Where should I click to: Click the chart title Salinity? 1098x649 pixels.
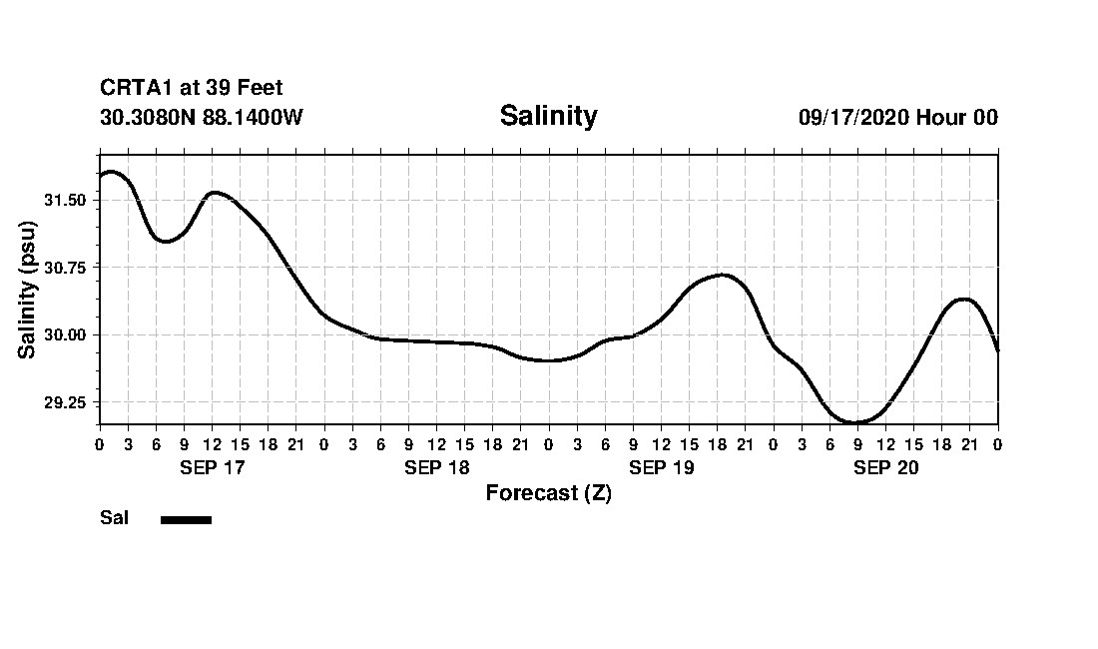(548, 116)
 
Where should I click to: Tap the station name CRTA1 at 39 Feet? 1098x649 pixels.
(192, 89)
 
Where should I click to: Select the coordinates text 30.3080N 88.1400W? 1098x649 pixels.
(202, 117)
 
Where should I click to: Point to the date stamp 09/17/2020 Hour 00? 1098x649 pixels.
(897, 117)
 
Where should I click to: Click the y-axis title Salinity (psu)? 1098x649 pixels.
(28, 290)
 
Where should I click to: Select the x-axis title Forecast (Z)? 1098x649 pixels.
(548, 493)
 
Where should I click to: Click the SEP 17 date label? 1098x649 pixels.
(212, 467)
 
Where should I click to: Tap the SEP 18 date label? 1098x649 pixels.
(436, 467)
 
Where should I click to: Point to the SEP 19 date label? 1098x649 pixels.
(661, 467)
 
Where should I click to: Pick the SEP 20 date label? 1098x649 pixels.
(885, 467)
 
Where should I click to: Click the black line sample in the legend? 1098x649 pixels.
(186, 519)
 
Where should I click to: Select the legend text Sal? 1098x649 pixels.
(114, 518)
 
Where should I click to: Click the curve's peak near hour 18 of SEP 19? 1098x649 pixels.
(722, 275)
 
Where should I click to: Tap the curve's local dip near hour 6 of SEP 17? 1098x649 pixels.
(165, 242)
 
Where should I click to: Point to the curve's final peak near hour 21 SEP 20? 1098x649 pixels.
(963, 299)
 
